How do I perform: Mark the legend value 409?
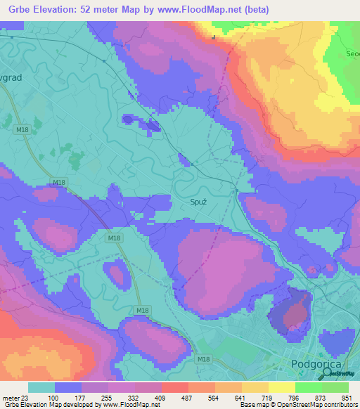point(160,399)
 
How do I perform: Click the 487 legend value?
point(187,399)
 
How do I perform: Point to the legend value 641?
point(242,399)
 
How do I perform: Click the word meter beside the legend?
point(9,399)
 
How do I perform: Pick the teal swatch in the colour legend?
point(41,387)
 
